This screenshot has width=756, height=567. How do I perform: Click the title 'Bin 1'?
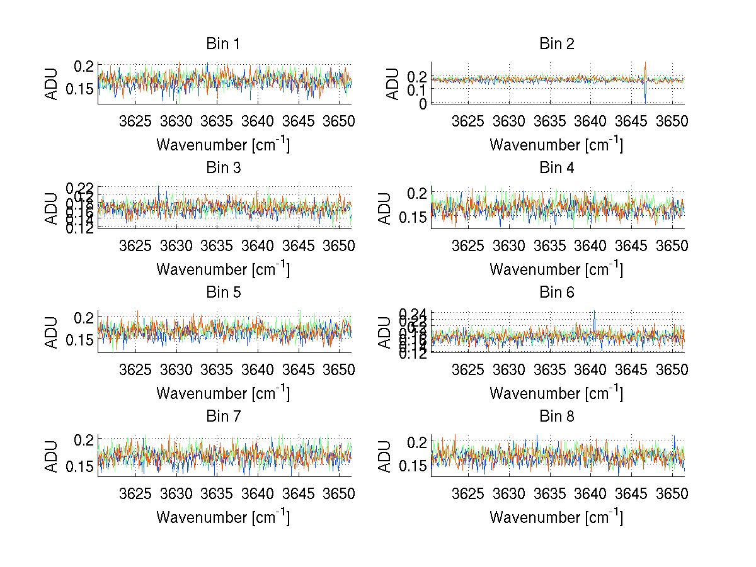point(223,44)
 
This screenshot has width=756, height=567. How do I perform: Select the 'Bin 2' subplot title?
point(556,44)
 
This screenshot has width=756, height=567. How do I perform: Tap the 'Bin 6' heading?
point(556,293)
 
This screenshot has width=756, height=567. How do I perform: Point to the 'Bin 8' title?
point(556,417)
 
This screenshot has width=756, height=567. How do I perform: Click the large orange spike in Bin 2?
point(646,67)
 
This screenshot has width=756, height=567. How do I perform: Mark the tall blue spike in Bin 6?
point(593,315)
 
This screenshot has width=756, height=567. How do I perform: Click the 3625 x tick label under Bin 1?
point(135,121)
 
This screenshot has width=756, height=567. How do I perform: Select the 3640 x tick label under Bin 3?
point(257,245)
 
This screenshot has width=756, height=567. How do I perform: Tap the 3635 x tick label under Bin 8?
point(549,494)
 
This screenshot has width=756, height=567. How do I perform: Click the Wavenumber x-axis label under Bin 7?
point(223,517)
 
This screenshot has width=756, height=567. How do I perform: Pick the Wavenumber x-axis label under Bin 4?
point(556,269)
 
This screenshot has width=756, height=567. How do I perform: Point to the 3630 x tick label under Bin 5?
point(176,370)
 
